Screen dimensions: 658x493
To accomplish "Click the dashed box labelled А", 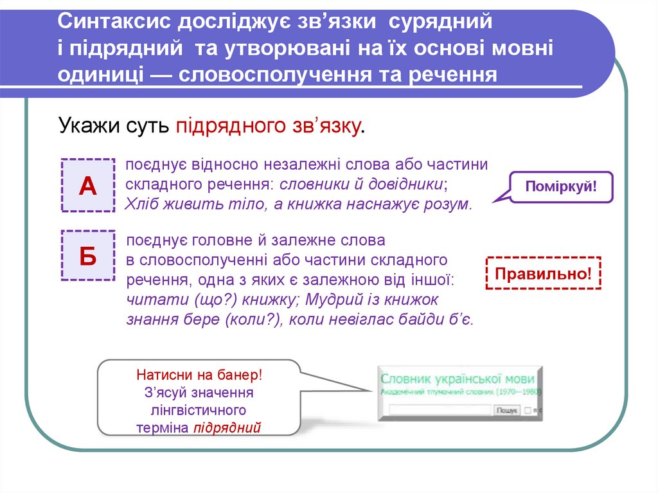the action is (87, 185).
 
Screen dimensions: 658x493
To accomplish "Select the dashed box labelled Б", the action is (87, 255).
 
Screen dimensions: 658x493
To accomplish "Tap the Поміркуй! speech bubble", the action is (561, 188).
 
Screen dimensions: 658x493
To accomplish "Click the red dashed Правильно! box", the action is (543, 274).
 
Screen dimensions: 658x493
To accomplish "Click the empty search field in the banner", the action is (436, 409).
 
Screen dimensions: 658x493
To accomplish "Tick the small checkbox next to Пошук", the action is (527, 409).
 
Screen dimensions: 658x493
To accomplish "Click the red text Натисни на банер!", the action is (199, 374).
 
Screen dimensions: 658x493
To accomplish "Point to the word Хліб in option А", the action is (139, 205).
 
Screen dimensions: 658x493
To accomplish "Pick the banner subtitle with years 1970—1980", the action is (461, 391).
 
